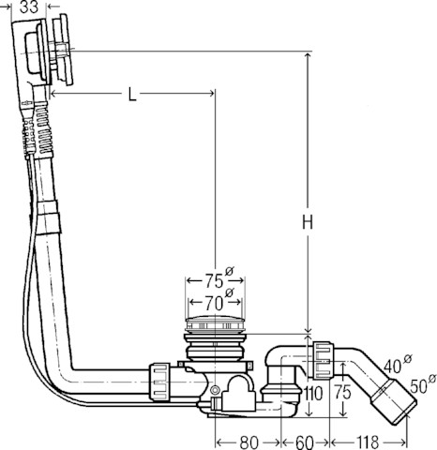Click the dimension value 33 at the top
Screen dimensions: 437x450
tap(29, 7)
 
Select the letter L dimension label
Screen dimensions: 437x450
tap(132, 94)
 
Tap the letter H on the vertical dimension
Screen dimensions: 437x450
tap(308, 222)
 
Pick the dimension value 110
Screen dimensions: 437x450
tap(312, 394)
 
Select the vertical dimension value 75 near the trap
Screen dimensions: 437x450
tap(342, 392)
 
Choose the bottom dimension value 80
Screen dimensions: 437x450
tap(249, 442)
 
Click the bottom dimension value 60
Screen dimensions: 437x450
tap(304, 442)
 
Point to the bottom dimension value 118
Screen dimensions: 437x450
tap(368, 442)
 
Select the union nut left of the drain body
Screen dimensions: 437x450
tap(159, 382)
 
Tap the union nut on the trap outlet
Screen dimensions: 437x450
tap(323, 361)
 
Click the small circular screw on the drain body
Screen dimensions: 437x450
tap(215, 390)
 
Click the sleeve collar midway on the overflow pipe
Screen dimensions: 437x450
tap(48, 217)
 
